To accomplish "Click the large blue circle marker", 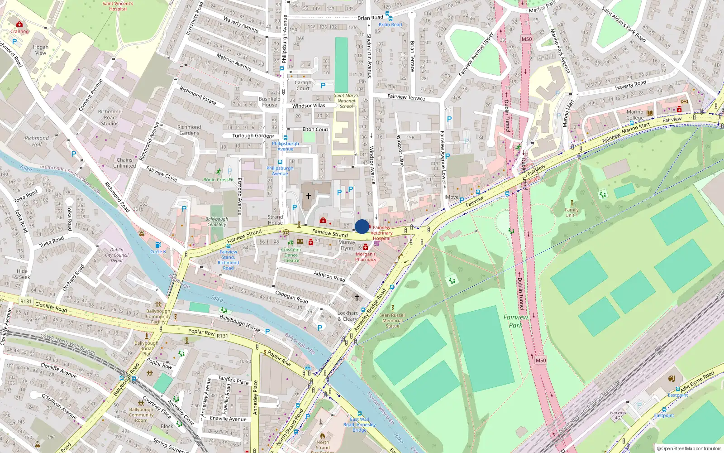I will pyautogui.click(x=362, y=226).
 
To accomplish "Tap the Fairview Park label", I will pyautogui.click(x=515, y=321).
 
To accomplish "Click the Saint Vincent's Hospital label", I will pyautogui.click(x=118, y=6).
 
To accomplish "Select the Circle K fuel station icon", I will pyautogui.click(x=157, y=245).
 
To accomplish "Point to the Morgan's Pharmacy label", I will pyautogui.click(x=366, y=257).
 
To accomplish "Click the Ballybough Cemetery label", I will pyautogui.click(x=217, y=222).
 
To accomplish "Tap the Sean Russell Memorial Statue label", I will pyautogui.click(x=392, y=320).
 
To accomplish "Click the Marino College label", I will pyautogui.click(x=635, y=115).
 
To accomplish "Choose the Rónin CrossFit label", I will pyautogui.click(x=219, y=180).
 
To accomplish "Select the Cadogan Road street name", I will pyautogui.click(x=292, y=297).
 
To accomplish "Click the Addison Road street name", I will pyautogui.click(x=329, y=276).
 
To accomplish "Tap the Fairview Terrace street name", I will pyautogui.click(x=406, y=97).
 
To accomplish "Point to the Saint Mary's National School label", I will pyautogui.click(x=346, y=101).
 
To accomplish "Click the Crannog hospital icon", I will pyautogui.click(x=19, y=24).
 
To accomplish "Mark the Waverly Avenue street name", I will pyautogui.click(x=241, y=24).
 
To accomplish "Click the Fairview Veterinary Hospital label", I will pyautogui.click(x=381, y=233).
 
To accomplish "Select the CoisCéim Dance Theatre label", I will pyautogui.click(x=291, y=255).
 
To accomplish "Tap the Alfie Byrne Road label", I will pyautogui.click(x=697, y=381).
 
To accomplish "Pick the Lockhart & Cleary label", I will pyautogui.click(x=348, y=316).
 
